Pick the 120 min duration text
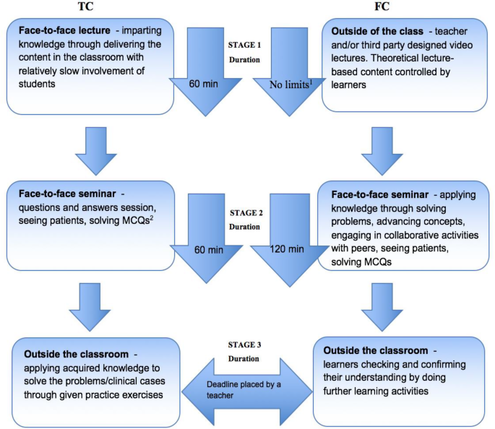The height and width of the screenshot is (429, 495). pyautogui.click(x=288, y=249)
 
